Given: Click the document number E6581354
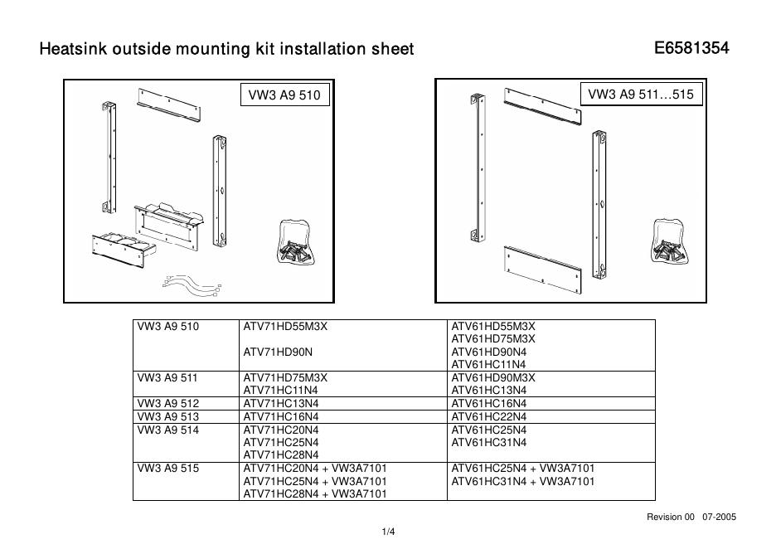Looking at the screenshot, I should (691, 48).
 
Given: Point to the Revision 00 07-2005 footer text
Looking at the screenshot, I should (691, 517).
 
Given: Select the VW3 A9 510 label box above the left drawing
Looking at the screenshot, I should (284, 95).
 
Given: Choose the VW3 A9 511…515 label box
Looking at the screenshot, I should (640, 95).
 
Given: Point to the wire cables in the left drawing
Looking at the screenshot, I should (193, 284).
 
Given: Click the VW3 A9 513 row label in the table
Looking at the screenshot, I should (167, 416).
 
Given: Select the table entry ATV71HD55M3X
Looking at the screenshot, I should (285, 326).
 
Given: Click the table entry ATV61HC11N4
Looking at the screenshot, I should (488, 364).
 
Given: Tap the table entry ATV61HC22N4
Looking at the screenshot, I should (488, 416).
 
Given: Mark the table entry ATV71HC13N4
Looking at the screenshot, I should (280, 403).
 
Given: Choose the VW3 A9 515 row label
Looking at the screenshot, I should (167, 468).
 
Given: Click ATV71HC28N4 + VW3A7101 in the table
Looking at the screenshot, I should (315, 494).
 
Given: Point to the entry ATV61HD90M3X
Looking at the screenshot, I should (493, 377).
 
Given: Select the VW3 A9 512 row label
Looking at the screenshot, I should (167, 403).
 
